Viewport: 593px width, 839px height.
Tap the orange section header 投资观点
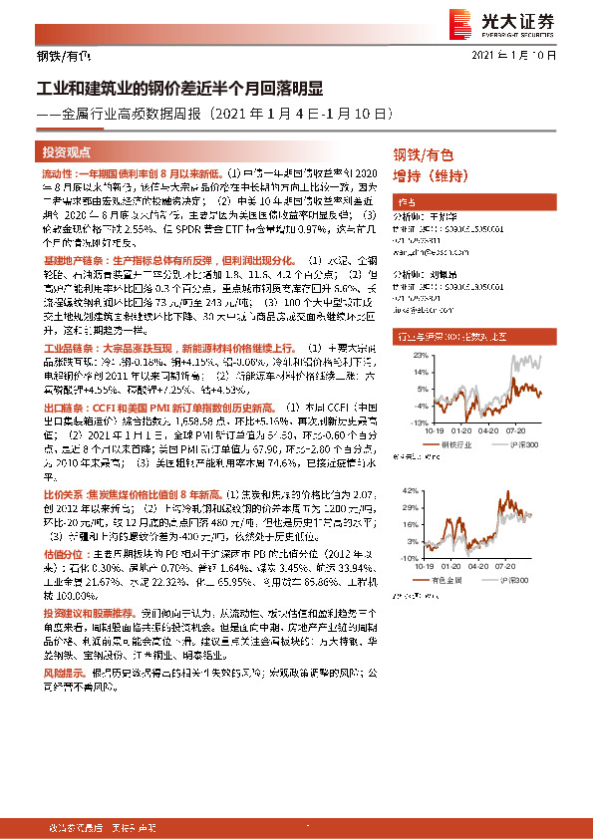pos(67,152)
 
